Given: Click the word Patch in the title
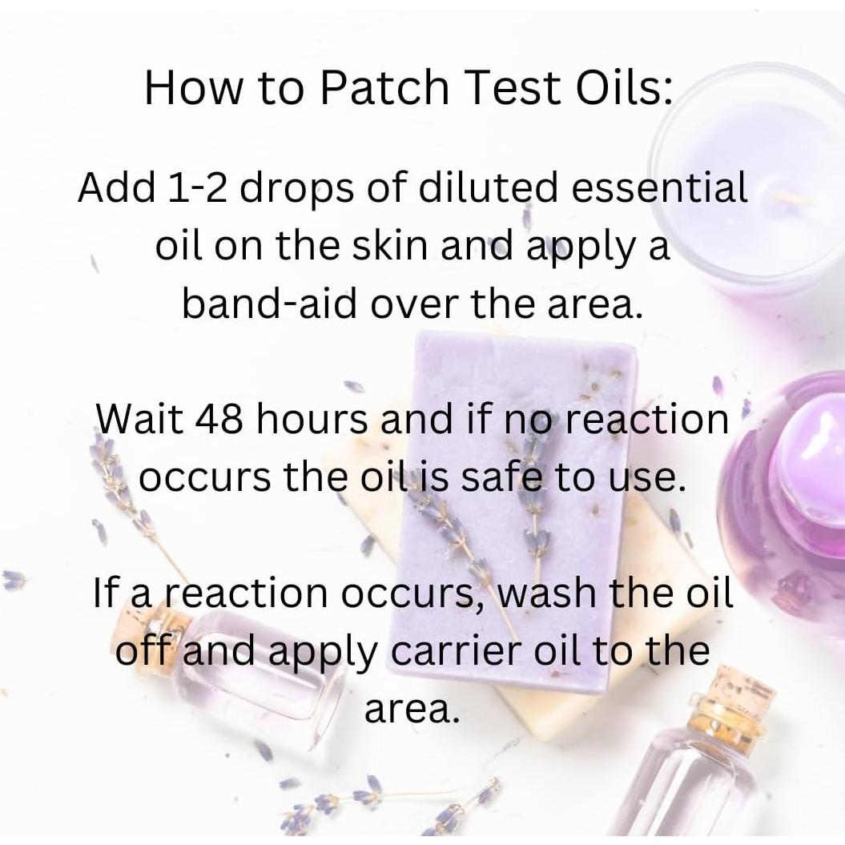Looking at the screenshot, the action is coord(384,88).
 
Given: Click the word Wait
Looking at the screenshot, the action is coord(139,419).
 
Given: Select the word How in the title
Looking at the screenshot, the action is coord(194,88).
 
